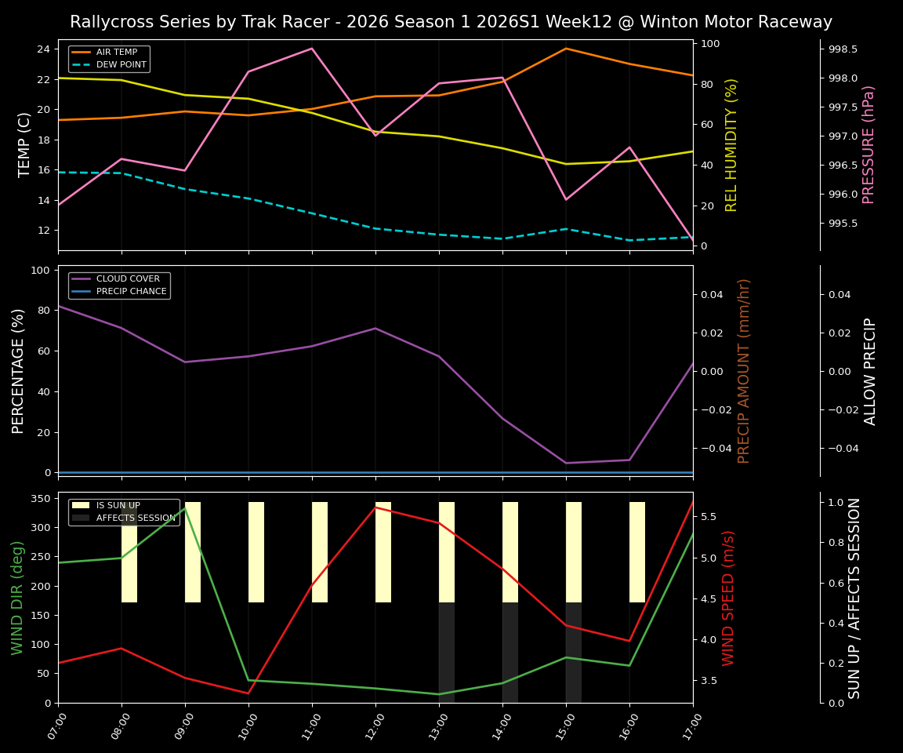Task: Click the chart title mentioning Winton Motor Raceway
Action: (451, 22)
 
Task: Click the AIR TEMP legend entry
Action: (116, 53)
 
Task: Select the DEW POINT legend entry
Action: (121, 65)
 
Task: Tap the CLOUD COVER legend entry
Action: (128, 279)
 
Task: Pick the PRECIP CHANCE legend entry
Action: (131, 292)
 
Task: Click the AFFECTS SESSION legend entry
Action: (136, 518)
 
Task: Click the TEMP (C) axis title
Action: (24, 144)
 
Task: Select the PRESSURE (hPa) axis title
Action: (869, 144)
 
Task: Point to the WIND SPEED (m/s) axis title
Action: (729, 598)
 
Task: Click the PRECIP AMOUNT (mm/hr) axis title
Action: (745, 370)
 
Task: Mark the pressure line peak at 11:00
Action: (312, 49)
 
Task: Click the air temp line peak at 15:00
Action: (566, 49)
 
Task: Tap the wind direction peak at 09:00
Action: (185, 508)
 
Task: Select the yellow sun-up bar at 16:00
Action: (637, 552)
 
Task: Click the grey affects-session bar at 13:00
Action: (447, 653)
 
